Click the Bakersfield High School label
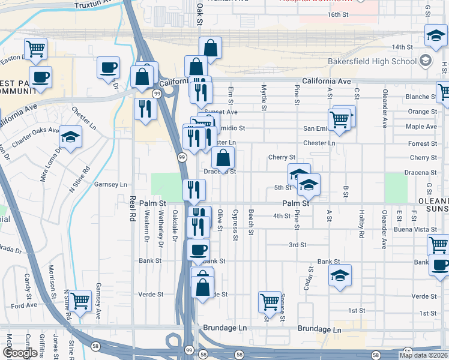372,61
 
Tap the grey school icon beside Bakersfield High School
425,60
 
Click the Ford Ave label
24,305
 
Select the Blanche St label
417,97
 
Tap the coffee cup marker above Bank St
198,250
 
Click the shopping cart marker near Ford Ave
79,301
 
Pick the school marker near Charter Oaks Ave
71,137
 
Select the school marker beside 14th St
435,36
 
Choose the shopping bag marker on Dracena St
223,158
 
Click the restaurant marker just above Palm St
194,190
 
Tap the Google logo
20,353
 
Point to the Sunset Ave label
223,112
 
